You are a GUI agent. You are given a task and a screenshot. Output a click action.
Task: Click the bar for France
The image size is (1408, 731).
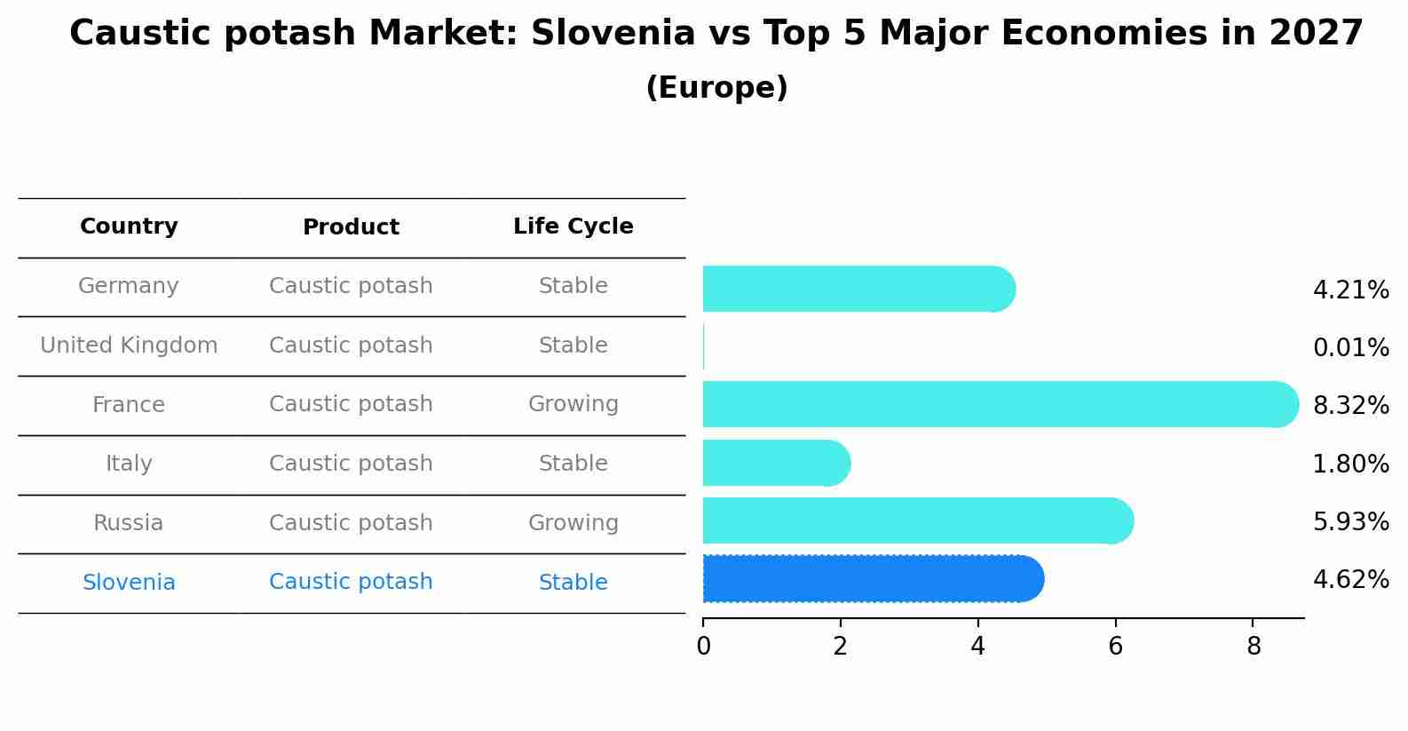coord(1001,404)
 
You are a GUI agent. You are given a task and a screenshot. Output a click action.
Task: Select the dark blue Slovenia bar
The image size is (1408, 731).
coord(874,579)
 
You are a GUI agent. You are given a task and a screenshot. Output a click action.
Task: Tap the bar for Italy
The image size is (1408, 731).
coord(777,463)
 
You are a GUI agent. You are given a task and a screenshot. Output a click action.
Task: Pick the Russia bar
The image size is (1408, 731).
coord(918,520)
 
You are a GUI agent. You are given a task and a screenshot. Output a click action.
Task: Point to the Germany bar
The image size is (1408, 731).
coord(859,289)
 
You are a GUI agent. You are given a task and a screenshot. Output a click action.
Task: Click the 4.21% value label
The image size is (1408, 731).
coord(1351,290)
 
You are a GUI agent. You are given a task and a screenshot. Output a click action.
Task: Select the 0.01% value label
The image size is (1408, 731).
coord(1351,348)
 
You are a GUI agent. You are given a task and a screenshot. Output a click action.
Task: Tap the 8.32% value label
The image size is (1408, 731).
coord(1351,406)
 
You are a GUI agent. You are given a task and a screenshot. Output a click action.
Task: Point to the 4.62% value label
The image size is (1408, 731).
coord(1351,579)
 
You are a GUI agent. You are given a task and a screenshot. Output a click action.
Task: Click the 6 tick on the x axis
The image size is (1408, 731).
coord(1116,646)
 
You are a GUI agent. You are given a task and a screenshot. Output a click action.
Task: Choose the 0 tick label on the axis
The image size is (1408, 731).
coord(703,646)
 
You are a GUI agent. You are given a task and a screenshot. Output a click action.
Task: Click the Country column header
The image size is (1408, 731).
coord(129,226)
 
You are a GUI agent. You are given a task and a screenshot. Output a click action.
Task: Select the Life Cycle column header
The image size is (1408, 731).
coord(573,226)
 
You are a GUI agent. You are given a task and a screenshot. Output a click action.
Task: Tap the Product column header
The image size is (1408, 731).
coord(351,226)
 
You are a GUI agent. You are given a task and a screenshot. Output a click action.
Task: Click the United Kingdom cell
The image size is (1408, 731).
coord(129,346)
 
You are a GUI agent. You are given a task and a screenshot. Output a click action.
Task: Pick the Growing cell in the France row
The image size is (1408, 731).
coord(573,404)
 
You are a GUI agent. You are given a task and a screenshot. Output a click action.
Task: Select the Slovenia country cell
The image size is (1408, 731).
coord(129,582)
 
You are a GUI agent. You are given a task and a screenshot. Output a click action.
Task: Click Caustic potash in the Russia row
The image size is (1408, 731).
coord(351,523)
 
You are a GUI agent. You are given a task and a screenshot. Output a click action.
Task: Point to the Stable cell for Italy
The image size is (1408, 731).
coord(573,463)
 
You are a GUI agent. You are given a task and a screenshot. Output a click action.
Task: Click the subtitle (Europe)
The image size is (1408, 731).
coord(716,87)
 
